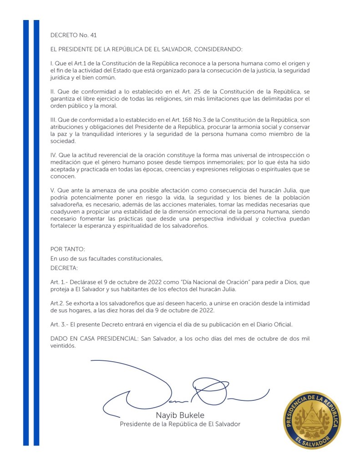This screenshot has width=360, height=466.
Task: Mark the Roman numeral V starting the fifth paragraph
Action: pos(52,190)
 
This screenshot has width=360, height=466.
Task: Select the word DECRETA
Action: pos(64,267)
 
